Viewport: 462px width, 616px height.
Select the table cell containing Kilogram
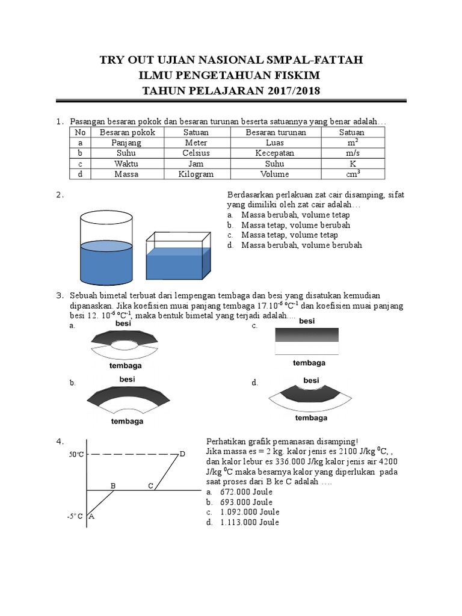(x=196, y=174)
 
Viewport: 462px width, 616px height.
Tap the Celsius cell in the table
(x=196, y=153)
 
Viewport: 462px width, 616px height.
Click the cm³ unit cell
(x=352, y=174)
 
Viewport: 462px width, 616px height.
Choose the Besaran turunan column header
(x=276, y=132)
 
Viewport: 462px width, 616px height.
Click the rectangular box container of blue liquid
(x=179, y=257)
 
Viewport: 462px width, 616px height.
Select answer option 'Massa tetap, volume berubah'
(x=295, y=225)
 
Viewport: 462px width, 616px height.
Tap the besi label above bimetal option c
(x=307, y=321)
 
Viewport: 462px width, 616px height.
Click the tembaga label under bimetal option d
(x=311, y=417)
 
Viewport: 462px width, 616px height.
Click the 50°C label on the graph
(x=76, y=455)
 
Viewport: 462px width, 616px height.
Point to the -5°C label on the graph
(x=75, y=516)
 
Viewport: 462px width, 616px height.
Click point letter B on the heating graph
(x=112, y=485)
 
